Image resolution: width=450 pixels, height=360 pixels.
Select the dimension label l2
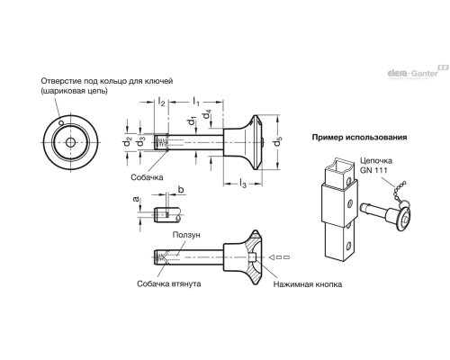[161, 103]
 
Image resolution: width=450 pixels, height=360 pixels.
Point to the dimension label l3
[243, 185]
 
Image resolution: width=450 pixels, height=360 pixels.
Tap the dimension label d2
[130, 141]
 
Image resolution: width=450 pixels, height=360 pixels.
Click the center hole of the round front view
[69, 142]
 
